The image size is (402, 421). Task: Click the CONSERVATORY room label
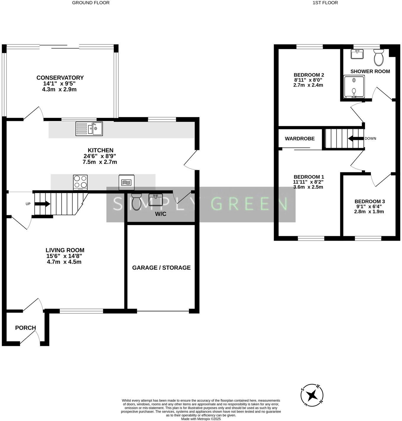click(x=60, y=78)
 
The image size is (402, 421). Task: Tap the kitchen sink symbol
click(x=89, y=129)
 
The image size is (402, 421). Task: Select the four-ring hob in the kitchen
click(x=80, y=182)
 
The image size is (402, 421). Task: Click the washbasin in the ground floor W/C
click(x=155, y=200)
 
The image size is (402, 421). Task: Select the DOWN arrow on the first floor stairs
click(x=355, y=138)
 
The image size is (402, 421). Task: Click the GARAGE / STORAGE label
click(x=161, y=268)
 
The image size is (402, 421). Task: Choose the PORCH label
click(x=25, y=328)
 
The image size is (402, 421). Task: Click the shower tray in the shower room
click(x=354, y=86)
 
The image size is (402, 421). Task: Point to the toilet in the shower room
click(x=378, y=57)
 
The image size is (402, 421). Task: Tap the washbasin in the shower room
click(x=357, y=54)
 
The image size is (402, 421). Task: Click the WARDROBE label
click(x=299, y=139)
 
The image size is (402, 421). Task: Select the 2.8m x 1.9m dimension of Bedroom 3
click(x=369, y=211)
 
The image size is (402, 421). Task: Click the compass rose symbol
click(x=312, y=395)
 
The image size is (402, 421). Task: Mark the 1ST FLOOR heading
click(x=325, y=3)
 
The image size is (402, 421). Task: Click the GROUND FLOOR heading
click(x=91, y=3)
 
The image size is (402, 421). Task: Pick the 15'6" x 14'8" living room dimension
click(x=64, y=256)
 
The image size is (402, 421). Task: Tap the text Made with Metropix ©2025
click(x=201, y=419)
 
